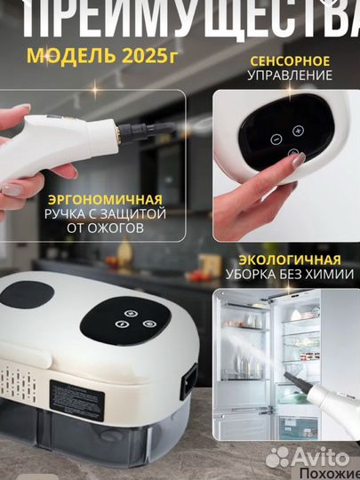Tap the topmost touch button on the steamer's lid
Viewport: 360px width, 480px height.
tap(132, 313)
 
